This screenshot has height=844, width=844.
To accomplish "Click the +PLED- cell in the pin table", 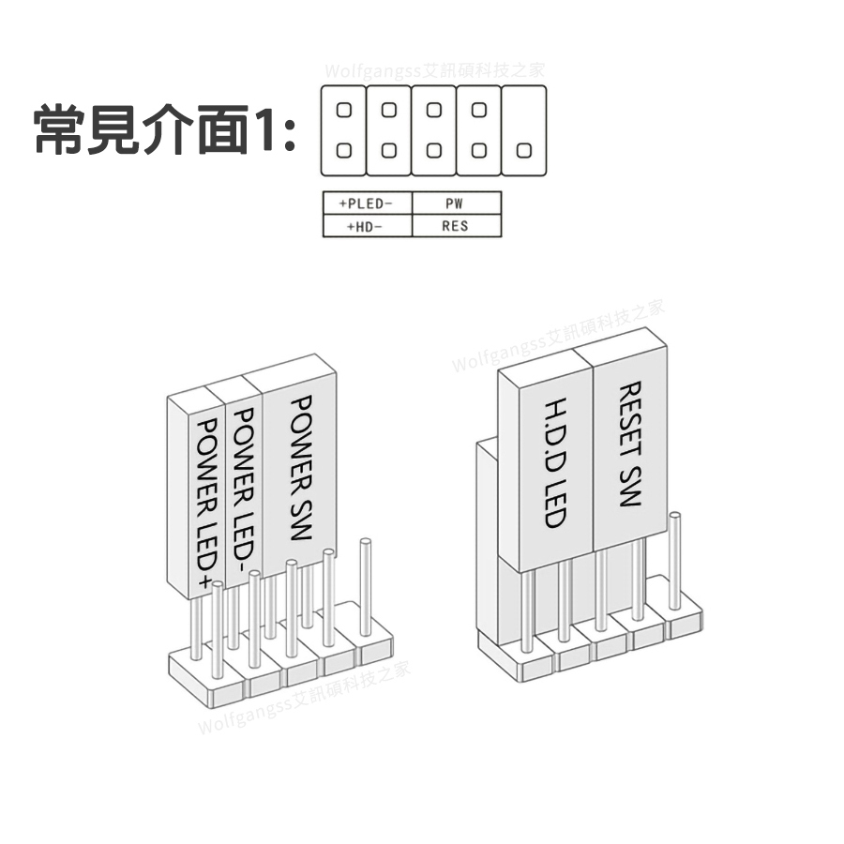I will (367, 203).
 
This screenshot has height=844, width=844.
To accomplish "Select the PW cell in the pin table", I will (456, 203).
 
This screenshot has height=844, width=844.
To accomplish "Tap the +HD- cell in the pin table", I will (367, 226).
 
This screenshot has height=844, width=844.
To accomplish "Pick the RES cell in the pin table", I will (456, 226).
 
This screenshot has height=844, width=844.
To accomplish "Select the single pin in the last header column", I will (523, 150).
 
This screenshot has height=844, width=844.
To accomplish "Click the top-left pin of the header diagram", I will (343, 110).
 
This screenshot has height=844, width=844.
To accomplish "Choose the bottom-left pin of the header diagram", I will (343, 150).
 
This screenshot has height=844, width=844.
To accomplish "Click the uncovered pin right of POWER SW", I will (366, 586).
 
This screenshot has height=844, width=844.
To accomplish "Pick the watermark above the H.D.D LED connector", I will (558, 335).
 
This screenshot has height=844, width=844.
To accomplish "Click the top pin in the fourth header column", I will (479, 110).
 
